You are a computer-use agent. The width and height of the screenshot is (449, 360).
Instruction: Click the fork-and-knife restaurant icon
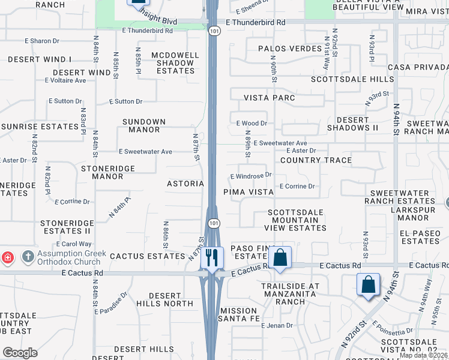click(211, 258)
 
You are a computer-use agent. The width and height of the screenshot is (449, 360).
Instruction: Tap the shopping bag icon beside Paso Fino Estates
click(280, 258)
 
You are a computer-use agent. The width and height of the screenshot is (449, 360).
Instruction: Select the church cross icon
click(27, 257)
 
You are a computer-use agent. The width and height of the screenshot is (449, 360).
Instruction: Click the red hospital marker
click(7, 258)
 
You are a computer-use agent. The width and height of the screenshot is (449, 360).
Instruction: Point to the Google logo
click(20, 353)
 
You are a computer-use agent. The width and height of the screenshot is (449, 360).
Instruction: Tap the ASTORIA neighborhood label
click(185, 184)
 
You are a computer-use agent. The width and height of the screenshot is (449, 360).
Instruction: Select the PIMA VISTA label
click(249, 192)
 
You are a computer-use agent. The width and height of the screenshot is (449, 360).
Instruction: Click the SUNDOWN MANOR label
click(144, 125)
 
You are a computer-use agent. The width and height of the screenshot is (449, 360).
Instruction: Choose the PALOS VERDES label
click(286, 48)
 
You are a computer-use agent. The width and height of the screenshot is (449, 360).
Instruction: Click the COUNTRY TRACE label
click(316, 160)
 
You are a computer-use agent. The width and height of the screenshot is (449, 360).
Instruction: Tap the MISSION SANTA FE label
click(238, 314)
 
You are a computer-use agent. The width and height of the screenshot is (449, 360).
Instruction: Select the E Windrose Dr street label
click(252, 176)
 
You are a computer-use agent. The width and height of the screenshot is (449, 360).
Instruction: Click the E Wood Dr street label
click(252, 123)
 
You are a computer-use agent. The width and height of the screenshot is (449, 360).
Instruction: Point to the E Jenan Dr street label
click(277, 326)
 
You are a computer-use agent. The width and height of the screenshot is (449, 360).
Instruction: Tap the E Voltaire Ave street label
click(64, 80)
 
